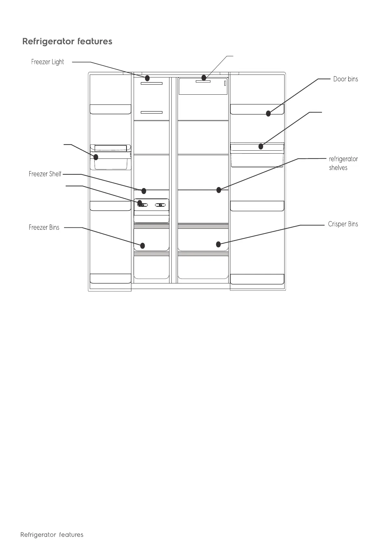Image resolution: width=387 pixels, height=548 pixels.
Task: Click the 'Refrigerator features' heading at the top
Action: pos(67,42)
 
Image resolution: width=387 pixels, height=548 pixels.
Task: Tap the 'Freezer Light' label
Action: pos(47,62)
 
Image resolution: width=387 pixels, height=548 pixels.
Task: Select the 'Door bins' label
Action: pos(345,79)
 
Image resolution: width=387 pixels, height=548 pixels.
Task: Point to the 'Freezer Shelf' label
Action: pos(45,174)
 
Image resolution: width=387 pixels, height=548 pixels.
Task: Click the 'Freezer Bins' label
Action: pos(44,227)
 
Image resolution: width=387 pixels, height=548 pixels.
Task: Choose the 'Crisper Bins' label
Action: pos(343,224)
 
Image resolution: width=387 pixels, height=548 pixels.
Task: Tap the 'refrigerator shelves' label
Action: pos(343,163)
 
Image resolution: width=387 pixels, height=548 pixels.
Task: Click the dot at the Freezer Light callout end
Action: pos(147,78)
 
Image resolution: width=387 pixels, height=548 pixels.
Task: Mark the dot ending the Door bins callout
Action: pos(268,114)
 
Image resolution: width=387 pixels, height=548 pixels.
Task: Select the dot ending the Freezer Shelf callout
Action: pos(143,191)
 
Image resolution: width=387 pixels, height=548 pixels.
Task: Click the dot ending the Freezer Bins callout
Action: pos(142,246)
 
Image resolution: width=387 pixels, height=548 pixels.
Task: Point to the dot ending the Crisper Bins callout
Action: pos(219,244)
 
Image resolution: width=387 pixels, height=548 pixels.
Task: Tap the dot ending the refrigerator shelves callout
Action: pos(219,190)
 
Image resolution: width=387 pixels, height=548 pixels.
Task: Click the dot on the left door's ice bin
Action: pos(96,158)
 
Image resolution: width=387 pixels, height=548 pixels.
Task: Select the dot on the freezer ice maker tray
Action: pos(140,203)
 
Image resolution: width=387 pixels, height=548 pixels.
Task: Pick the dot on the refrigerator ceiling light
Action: pos(204,78)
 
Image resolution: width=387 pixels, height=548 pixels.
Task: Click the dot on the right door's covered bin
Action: pos(261,146)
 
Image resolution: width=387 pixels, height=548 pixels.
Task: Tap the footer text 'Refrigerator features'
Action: pos(52,535)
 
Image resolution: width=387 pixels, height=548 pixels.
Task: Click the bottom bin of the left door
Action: pos(110,279)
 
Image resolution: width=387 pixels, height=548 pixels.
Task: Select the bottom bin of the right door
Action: pos(257,279)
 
